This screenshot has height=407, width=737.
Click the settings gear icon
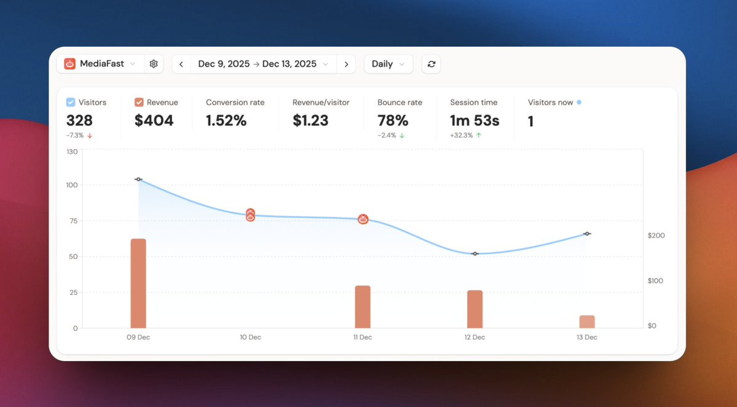point(154,64)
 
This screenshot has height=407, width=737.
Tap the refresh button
point(431,64)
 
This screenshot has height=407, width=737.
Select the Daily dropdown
point(388,64)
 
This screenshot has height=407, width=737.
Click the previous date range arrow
point(181,64)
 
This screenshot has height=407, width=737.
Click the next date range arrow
point(347,64)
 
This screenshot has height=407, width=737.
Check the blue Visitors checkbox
point(71,103)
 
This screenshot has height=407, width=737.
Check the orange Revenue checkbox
point(139,103)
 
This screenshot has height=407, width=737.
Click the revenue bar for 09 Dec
point(138,283)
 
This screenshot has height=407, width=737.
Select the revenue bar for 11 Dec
point(363,306)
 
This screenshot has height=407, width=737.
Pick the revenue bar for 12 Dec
point(475,309)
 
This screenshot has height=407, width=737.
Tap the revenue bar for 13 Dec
point(587,322)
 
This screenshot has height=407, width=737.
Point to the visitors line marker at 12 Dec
point(475,254)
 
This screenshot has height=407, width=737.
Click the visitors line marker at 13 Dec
point(587,233)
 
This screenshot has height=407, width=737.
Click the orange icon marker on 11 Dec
point(363,219)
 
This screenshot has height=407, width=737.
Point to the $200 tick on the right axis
point(656,236)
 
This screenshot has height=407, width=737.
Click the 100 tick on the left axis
point(72,185)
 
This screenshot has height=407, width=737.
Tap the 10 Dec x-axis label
point(250,337)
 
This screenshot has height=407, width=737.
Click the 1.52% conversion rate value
point(226,121)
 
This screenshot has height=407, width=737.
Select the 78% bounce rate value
point(393,121)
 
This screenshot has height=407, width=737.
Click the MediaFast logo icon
point(69,64)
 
